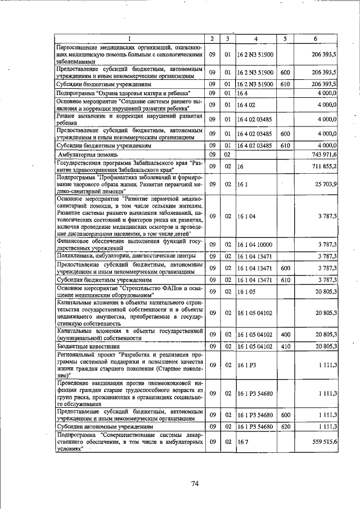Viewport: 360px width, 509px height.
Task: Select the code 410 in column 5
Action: [x=285, y=346]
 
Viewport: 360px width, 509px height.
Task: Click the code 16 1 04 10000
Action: [x=255, y=244]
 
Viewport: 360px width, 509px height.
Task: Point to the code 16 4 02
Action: [x=247, y=105]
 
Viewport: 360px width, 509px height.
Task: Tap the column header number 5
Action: [x=285, y=39]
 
